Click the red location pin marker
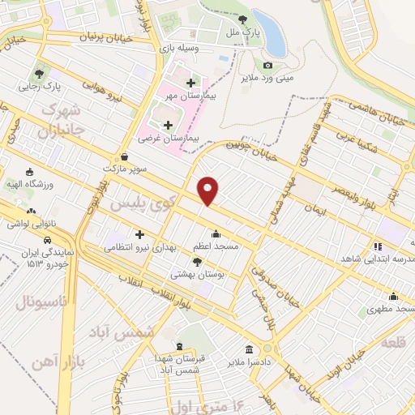click(209, 190)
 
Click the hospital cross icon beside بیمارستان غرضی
click(169, 125)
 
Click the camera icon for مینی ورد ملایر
click(267, 66)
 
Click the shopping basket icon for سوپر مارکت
click(123, 157)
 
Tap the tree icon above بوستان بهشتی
click(197, 262)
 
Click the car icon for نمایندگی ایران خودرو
click(49, 241)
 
